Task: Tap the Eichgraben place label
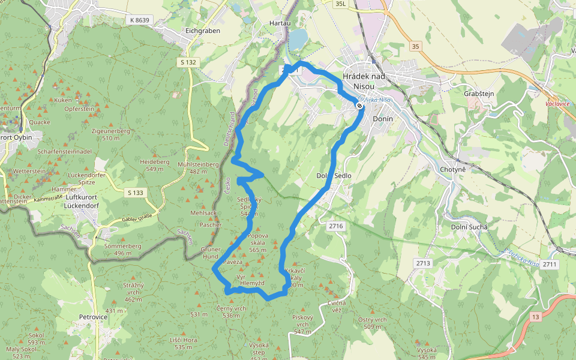[202, 31]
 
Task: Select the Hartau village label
[280, 23]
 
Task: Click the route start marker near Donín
[359, 106]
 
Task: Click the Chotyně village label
[453, 169]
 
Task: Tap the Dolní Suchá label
[469, 227]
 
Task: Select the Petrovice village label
[93, 316]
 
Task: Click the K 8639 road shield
[139, 20]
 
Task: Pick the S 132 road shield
[187, 62]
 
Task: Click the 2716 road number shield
[336, 226]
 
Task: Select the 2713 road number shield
[423, 263]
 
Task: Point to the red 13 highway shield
[535, 316]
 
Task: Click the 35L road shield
[341, 4]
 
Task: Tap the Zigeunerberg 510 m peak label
[110, 134]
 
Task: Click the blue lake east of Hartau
[298, 38]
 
